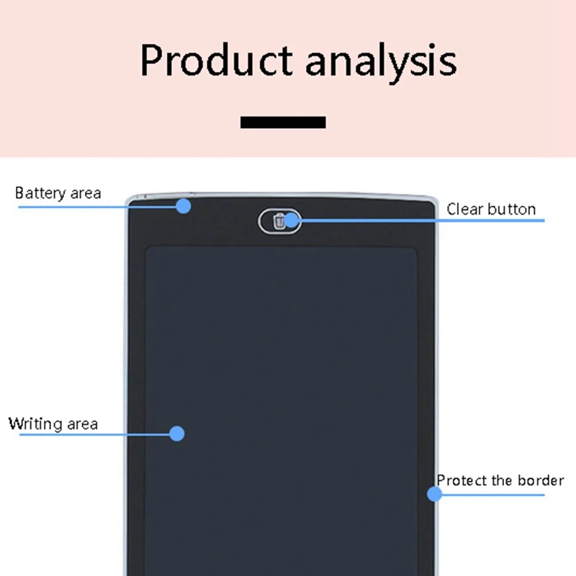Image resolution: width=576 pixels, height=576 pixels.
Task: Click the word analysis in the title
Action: tap(381, 62)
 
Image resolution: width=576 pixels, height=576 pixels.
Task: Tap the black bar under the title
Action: tap(283, 122)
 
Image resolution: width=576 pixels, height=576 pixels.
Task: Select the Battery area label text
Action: tap(58, 193)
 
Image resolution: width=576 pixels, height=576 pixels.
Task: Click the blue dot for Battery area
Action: tap(184, 206)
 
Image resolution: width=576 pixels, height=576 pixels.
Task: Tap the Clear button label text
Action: tap(491, 210)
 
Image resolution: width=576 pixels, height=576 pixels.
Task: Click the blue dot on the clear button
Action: tap(292, 220)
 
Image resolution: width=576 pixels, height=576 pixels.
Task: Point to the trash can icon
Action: tap(279, 220)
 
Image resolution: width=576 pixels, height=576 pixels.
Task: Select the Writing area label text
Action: tap(53, 423)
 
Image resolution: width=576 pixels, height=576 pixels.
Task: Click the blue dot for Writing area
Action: tap(177, 433)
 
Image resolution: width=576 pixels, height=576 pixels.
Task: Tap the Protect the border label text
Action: tap(500, 480)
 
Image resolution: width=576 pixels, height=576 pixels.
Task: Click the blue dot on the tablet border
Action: tap(434, 494)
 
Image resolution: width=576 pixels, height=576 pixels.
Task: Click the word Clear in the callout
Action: tap(464, 210)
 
